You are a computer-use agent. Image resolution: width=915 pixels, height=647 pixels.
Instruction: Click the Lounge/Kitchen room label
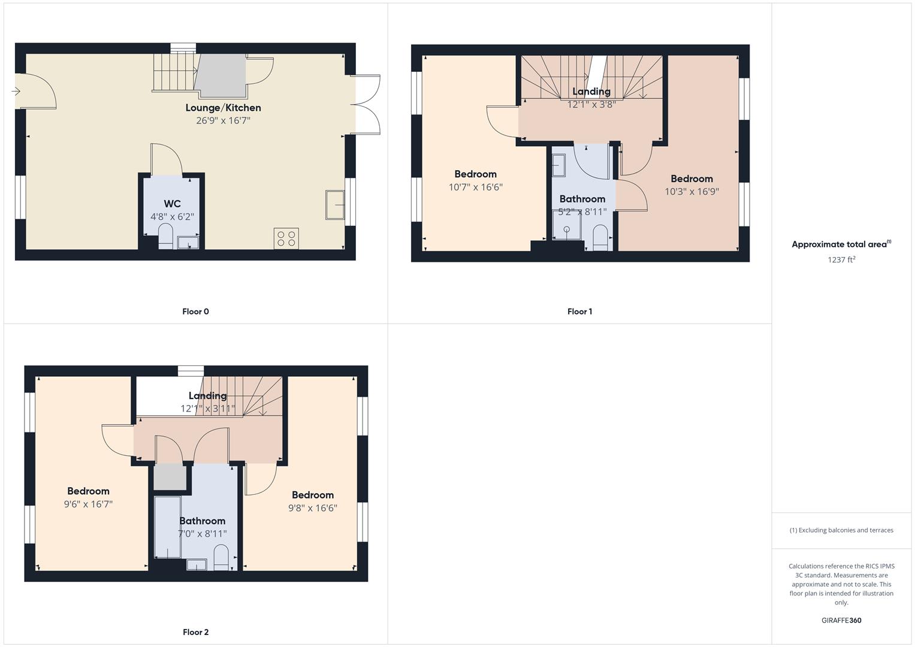223,108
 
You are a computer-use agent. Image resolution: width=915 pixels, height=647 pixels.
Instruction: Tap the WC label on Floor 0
172,204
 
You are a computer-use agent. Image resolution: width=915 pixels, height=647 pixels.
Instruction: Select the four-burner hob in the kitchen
286,238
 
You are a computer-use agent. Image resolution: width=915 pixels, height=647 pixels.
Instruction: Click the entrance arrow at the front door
16,91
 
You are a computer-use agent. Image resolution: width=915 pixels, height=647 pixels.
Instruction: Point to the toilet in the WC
165,236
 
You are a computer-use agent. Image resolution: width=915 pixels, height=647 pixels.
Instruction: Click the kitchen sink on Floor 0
335,204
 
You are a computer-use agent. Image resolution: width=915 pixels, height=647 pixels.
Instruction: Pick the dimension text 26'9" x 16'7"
223,120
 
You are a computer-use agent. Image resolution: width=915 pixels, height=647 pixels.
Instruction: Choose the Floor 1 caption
579,312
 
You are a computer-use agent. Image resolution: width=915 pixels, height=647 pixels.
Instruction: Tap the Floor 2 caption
195,632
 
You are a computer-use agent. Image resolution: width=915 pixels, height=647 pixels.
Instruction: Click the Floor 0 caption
195,312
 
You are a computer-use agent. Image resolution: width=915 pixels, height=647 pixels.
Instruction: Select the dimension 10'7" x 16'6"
475,187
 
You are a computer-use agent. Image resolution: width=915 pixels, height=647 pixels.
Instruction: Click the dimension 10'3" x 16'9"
691,192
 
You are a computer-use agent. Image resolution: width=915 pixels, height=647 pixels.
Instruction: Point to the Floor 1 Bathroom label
582,199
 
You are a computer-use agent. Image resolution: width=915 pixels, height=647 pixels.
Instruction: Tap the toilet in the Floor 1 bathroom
600,237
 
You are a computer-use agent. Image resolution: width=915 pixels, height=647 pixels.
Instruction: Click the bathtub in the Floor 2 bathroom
167,526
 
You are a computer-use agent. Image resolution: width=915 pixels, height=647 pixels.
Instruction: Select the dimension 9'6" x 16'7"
88,504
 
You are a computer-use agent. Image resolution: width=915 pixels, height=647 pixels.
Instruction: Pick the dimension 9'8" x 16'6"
312,508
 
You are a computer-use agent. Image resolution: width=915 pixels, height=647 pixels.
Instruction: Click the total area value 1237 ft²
841,259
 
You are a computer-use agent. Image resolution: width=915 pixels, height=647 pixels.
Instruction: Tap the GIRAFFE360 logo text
841,620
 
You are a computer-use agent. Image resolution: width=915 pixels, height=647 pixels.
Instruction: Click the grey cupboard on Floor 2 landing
170,477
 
